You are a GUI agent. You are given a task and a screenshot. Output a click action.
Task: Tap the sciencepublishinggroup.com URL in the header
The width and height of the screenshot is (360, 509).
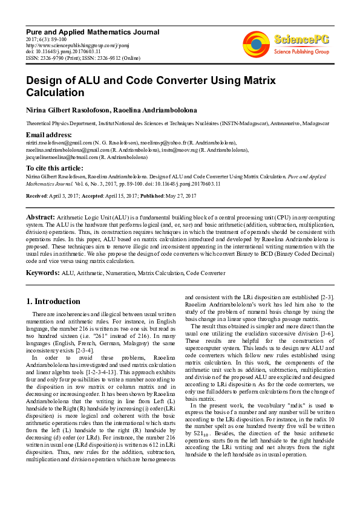click(x=70, y=44)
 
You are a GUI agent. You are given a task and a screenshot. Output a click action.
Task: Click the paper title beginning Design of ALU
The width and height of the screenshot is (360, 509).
click(x=151, y=86)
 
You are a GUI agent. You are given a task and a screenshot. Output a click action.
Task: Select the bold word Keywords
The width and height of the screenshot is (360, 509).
click(x=42, y=273)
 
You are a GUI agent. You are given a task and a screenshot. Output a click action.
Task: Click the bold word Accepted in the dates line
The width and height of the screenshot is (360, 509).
click(x=97, y=196)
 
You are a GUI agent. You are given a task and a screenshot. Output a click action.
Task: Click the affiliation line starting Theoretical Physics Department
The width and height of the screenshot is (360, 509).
click(x=169, y=123)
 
